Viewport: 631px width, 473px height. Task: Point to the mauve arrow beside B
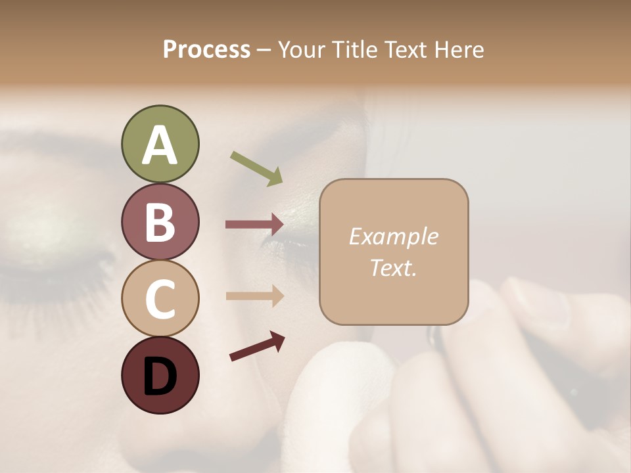(254, 225)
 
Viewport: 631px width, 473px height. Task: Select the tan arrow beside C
(254, 296)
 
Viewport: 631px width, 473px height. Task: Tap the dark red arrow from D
(257, 346)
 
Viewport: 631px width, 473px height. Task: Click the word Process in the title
(206, 49)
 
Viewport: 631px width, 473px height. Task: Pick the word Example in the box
(393, 236)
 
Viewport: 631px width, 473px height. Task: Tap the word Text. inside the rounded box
(393, 267)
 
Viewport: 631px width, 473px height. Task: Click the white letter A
(160, 146)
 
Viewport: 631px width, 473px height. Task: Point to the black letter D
(160, 378)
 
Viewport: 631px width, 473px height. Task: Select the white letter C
(160, 300)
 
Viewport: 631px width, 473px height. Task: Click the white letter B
(160, 222)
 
